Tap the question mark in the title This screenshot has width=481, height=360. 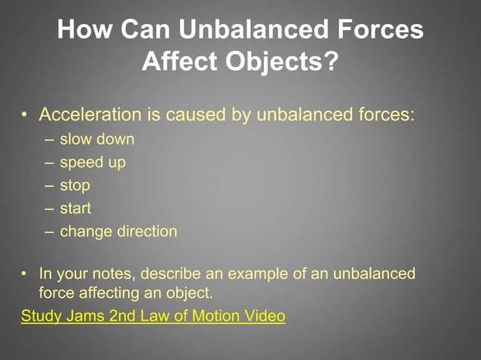(330, 62)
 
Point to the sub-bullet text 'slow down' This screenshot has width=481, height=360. (97, 139)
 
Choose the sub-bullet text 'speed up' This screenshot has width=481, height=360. (93, 162)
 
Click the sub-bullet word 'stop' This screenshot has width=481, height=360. (75, 185)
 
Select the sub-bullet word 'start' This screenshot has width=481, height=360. (75, 208)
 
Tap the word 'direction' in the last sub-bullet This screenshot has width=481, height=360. (147, 231)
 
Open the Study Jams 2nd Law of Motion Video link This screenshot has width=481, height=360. (153, 316)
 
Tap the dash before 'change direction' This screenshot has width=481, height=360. (49, 231)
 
